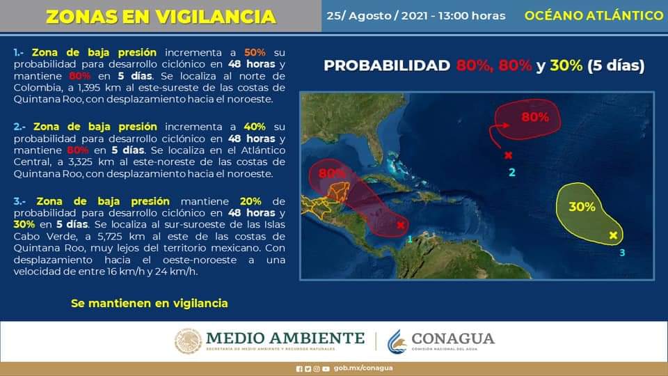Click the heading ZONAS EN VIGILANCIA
(x=161, y=17)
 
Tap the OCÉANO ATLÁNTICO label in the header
(x=594, y=15)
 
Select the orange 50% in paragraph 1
(x=255, y=52)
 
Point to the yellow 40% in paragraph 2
(x=255, y=127)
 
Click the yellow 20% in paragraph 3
(x=250, y=201)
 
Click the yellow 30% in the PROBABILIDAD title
(x=566, y=65)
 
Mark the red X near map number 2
(x=508, y=155)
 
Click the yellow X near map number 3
(x=613, y=235)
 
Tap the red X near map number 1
(x=401, y=225)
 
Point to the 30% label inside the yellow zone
(x=582, y=207)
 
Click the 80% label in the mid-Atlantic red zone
(x=535, y=117)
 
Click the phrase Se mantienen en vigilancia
(x=150, y=304)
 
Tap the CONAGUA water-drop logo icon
(x=397, y=341)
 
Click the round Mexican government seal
(x=188, y=341)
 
